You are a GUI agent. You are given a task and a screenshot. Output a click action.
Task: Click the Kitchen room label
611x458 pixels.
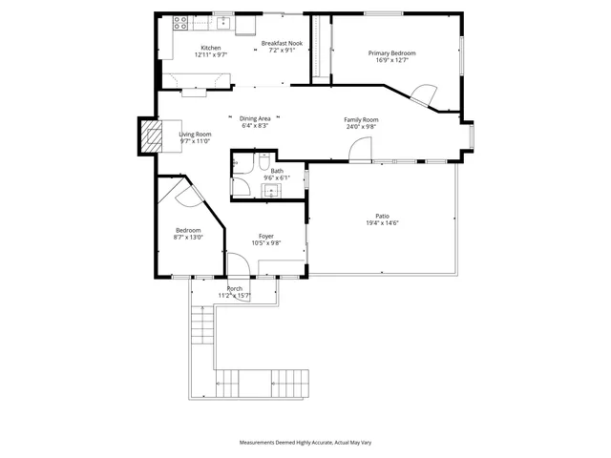click(x=210, y=48)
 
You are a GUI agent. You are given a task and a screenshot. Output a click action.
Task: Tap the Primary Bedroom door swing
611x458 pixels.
click(x=423, y=94)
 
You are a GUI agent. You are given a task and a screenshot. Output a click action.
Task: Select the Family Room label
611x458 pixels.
click(x=361, y=118)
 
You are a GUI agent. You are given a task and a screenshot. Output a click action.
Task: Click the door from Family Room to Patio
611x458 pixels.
click(x=360, y=151)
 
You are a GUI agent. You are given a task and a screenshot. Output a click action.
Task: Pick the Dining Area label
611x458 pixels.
click(x=255, y=117)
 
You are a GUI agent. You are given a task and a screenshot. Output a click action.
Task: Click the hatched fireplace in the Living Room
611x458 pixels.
click(x=150, y=136)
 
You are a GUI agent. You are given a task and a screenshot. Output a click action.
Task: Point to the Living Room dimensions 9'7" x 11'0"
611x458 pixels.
click(x=195, y=142)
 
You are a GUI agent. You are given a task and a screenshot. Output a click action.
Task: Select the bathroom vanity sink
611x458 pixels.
click(x=272, y=191)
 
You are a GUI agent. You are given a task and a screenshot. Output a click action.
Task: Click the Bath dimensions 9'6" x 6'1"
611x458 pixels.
click(x=277, y=178)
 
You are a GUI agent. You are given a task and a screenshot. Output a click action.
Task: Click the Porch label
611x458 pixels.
click(x=234, y=288)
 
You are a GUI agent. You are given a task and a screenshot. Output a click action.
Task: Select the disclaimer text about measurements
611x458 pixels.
click(x=305, y=443)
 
